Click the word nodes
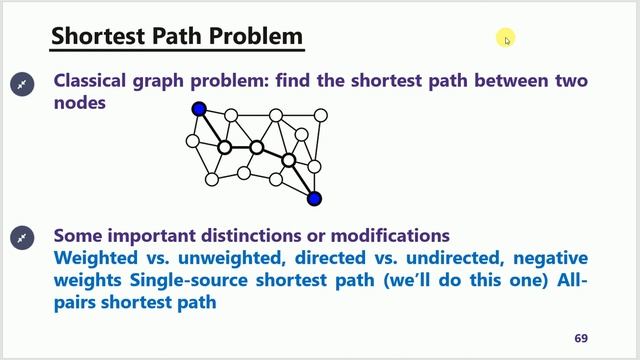click(79, 102)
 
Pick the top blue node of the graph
click(199, 109)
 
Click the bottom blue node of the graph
click(314, 198)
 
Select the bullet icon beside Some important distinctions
click(21, 237)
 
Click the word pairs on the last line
click(77, 301)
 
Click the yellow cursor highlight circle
click(506, 39)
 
